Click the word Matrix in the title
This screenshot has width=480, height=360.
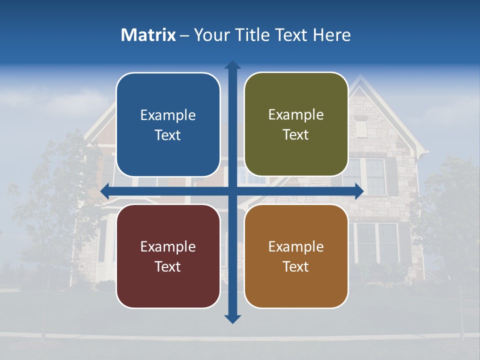pyautogui.click(x=148, y=35)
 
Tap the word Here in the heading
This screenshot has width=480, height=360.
pyautogui.click(x=331, y=35)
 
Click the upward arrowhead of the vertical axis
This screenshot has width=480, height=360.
pyautogui.click(x=232, y=65)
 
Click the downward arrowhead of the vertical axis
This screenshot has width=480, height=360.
pyautogui.click(x=232, y=318)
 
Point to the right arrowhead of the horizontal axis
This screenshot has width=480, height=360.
pyautogui.click(x=359, y=191)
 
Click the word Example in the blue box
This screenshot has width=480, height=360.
pyautogui.click(x=168, y=115)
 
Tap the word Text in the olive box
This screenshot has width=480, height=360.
pyautogui.click(x=296, y=135)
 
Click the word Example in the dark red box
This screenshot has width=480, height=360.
pyautogui.click(x=168, y=246)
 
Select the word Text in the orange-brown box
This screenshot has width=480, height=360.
pyautogui.click(x=296, y=266)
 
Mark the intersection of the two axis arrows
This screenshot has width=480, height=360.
pyautogui.click(x=232, y=191)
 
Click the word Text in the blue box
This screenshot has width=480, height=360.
pyautogui.click(x=168, y=135)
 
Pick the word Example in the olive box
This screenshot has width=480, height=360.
pyautogui.click(x=296, y=115)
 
